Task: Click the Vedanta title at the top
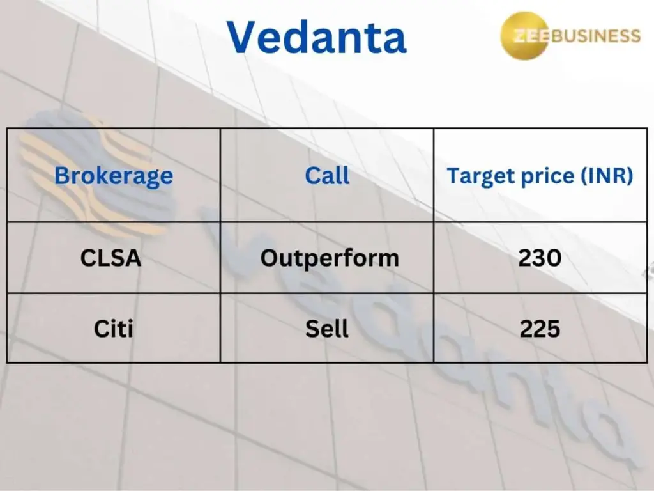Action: pos(317,36)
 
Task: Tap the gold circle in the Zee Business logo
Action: pos(525,36)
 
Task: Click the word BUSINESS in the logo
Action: pos(596,36)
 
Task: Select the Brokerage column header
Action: pos(114,176)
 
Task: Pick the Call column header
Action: pos(327,175)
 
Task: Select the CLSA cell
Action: pos(110,258)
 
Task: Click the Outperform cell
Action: pos(330,258)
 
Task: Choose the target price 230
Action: pos(540,258)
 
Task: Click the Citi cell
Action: pos(114,329)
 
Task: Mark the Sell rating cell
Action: pos(326,329)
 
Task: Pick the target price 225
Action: pos(540,329)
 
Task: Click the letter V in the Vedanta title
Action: pos(243,36)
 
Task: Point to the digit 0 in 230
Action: pos(554,258)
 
